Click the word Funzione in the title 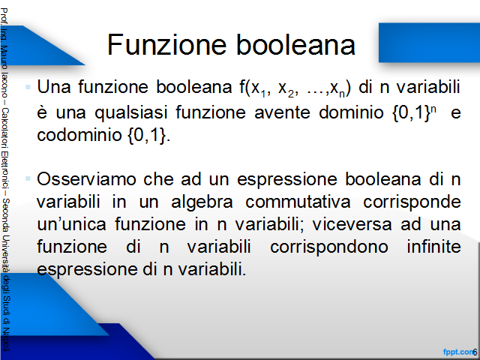coord(166,45)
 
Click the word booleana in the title coord(295,45)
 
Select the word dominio coord(351,112)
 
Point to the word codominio coord(79,135)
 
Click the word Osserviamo coord(87,179)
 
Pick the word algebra coord(202,202)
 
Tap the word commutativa coord(298,202)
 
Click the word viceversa coord(352,224)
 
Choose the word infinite coord(433,247)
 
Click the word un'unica coord(72,224)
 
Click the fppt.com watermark coord(457,352)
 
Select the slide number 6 coord(475,352)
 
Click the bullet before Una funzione coord(28,87)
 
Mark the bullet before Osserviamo coord(28,178)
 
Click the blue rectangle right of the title coord(429,43)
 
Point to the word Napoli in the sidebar coord(6,340)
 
